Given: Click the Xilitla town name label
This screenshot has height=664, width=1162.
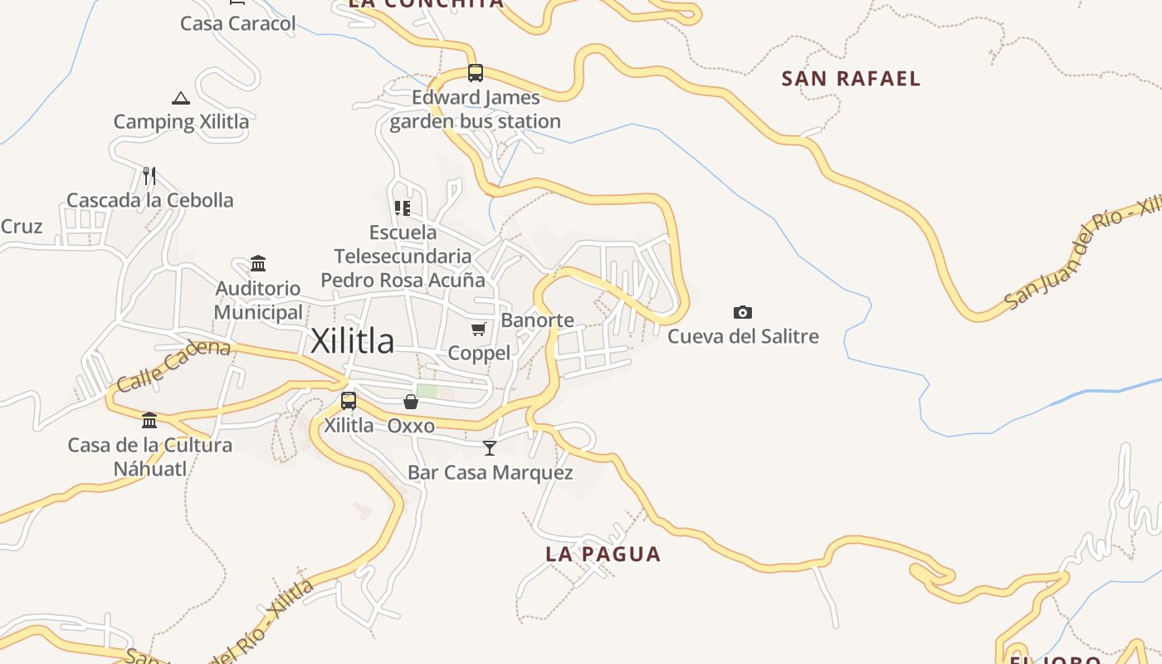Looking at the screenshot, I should click(352, 341).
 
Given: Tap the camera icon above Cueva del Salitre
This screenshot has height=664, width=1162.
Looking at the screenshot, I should click(743, 312).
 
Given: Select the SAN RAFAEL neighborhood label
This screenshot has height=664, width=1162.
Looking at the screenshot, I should click(851, 79).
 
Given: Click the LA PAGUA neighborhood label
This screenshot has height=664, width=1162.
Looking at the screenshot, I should click(603, 554).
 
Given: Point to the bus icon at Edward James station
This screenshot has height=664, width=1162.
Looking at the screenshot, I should click(475, 73).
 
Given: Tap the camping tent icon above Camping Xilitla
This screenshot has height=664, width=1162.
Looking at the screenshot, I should click(181, 99).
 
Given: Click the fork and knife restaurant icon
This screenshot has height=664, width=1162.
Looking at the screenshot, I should click(149, 175).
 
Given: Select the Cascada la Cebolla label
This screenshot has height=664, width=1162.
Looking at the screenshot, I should click(150, 200).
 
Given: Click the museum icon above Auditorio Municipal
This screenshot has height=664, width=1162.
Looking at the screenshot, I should click(258, 264).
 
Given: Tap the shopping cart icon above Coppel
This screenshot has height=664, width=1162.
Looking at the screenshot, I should click(479, 330).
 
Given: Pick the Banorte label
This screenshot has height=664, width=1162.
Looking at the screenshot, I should click(538, 320).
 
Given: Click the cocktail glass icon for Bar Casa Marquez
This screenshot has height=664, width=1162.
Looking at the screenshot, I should click(490, 448).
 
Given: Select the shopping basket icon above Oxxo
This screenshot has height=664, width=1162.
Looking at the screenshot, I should click(411, 402).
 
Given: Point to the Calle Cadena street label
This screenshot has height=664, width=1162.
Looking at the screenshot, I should click(173, 364).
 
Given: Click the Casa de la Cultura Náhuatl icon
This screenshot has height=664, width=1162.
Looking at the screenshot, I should click(149, 420).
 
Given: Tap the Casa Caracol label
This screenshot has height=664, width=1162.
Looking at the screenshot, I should click(238, 23).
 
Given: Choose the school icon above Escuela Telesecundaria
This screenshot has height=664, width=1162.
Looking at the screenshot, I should click(403, 207).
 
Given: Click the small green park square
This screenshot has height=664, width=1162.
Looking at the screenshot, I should click(427, 391).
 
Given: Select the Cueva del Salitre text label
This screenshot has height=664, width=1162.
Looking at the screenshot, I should click(743, 336).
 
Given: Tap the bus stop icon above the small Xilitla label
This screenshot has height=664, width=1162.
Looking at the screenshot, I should click(349, 401).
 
